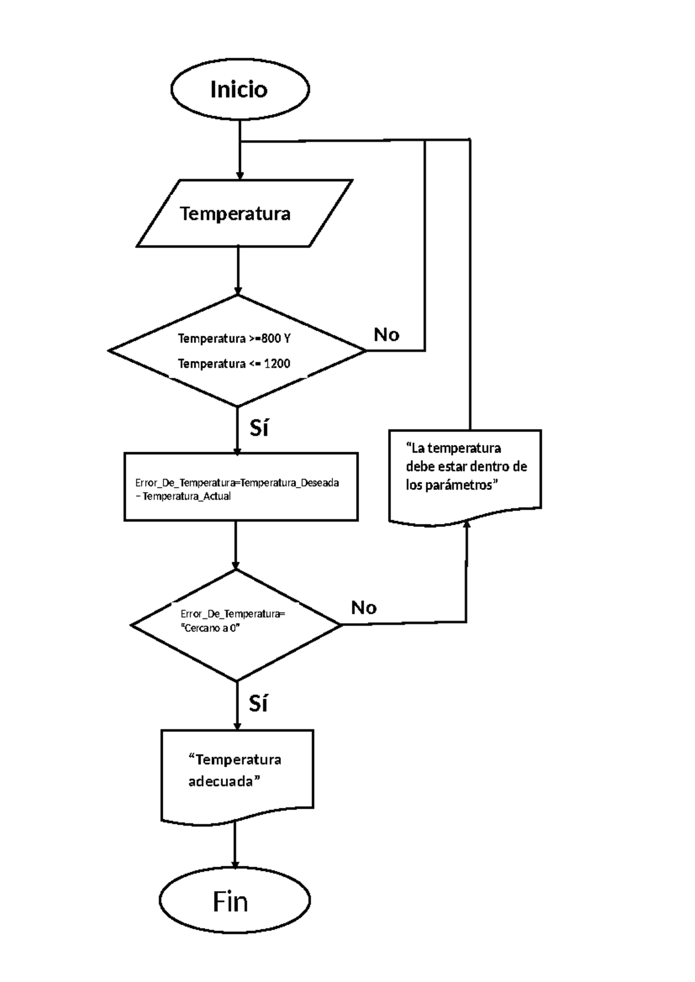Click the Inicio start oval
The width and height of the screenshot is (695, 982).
(x=240, y=90)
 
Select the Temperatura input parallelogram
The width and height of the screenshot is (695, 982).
(x=243, y=213)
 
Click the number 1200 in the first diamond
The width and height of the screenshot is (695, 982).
(x=277, y=364)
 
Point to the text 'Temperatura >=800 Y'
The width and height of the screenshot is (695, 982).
(x=234, y=338)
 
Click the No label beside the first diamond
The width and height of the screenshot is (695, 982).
(x=386, y=334)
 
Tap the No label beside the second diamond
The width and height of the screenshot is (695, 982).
(x=364, y=607)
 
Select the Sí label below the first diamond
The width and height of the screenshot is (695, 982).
(x=259, y=428)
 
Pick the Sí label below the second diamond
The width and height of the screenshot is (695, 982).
(x=258, y=703)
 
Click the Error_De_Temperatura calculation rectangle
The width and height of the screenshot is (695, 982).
(x=241, y=487)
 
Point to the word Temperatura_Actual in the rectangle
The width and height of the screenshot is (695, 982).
(x=186, y=496)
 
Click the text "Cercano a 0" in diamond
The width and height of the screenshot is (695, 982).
(x=210, y=629)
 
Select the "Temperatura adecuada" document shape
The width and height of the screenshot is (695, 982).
(x=237, y=773)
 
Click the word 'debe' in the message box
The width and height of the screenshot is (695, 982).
(x=419, y=467)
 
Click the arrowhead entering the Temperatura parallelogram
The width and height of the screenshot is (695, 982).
(x=239, y=175)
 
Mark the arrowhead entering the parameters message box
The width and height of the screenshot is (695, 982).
(x=467, y=523)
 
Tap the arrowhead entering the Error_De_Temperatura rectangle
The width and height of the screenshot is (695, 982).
(x=236, y=450)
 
